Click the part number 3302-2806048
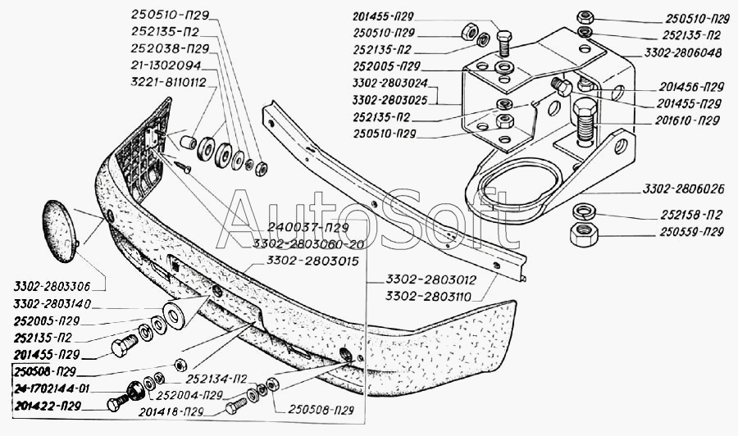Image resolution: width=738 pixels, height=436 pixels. [x=683, y=52]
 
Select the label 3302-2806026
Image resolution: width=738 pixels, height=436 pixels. [x=684, y=189]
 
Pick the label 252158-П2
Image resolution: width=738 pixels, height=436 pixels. [x=691, y=215]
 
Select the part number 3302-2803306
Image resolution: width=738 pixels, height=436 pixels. [x=52, y=287]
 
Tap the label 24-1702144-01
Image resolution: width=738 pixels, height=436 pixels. [x=52, y=388]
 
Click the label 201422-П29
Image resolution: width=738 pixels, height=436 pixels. [x=48, y=406]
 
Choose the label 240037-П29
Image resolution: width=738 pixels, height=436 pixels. [x=307, y=228]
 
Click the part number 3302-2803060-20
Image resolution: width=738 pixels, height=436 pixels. [x=308, y=243]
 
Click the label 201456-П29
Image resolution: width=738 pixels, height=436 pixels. [x=691, y=87]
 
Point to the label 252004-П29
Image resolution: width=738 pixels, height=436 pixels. [x=189, y=395]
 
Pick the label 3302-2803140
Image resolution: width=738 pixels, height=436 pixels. [x=52, y=304]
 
